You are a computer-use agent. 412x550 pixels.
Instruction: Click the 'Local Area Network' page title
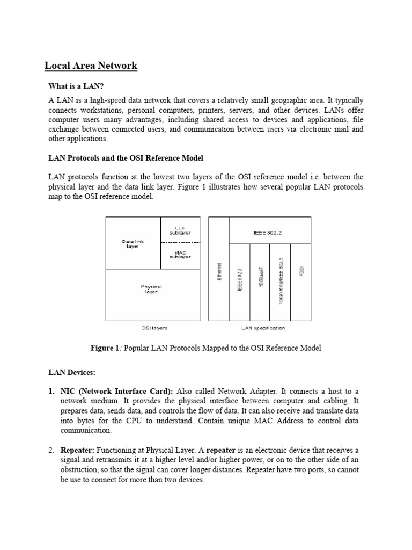(91, 66)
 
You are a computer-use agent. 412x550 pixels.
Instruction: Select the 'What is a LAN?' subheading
(76, 86)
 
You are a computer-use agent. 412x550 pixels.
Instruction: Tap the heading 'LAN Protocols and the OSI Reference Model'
(126, 158)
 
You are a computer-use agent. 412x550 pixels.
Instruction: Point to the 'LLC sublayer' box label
(180, 230)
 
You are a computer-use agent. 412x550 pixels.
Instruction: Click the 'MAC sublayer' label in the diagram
(180, 255)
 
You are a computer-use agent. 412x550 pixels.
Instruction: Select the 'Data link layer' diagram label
(133, 244)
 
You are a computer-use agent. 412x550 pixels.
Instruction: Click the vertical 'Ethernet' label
(219, 273)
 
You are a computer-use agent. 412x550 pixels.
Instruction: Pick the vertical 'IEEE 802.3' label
(240, 279)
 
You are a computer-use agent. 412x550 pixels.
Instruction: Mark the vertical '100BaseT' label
(260, 279)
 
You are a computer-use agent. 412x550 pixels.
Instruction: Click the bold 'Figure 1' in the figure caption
(105, 348)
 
